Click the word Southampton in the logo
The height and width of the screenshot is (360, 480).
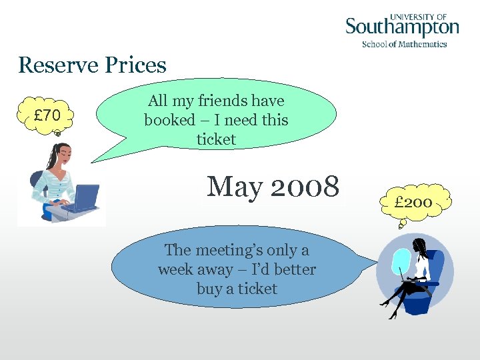[x=402, y=28]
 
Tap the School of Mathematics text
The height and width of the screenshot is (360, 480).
[x=404, y=44]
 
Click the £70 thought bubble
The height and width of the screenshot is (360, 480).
[x=47, y=115]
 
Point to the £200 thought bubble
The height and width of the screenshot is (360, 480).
[x=413, y=201]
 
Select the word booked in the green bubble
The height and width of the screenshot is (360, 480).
[x=168, y=120]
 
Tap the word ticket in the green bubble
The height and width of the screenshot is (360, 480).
[x=216, y=139]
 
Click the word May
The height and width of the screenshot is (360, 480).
[x=235, y=187]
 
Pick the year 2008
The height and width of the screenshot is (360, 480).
[x=305, y=187]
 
